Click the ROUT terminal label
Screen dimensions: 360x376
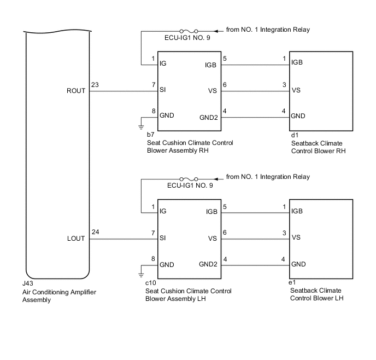pyautogui.click(x=76, y=91)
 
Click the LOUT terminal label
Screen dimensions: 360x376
pyautogui.click(x=76, y=239)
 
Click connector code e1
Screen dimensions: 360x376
pyautogui.click(x=293, y=283)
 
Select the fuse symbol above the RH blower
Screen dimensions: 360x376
pyautogui.click(x=189, y=31)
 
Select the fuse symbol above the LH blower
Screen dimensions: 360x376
pyautogui.click(x=189, y=179)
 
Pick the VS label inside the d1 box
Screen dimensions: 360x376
pyautogui.click(x=296, y=90)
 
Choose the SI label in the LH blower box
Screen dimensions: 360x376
pyautogui.click(x=163, y=238)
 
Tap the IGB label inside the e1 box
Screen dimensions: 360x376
pyautogui.click(x=298, y=211)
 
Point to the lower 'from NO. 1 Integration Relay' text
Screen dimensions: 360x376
pyautogui.click(x=268, y=177)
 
